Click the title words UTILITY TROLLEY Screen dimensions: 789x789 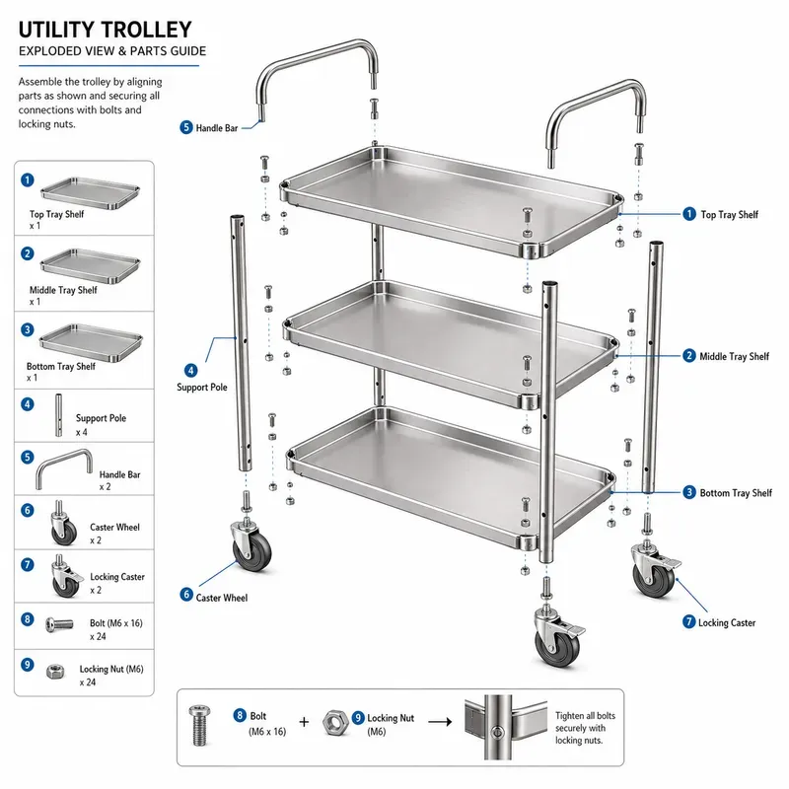point(106,30)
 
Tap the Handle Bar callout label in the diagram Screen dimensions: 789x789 point(216,128)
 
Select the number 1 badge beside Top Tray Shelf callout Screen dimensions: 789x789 point(688,214)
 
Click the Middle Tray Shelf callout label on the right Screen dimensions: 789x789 point(734,357)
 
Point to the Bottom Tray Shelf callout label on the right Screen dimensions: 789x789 point(736,493)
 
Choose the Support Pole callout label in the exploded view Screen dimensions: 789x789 point(202,388)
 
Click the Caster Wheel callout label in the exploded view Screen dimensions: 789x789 point(221,598)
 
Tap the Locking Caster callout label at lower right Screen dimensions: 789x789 point(727,623)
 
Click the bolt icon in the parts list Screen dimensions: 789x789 point(59,625)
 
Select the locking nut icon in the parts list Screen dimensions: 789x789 point(55,672)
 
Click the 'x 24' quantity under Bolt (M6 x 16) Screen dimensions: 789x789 point(98,636)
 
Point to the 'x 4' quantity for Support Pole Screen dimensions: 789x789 point(82,432)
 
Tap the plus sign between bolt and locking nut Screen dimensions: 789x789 point(304,722)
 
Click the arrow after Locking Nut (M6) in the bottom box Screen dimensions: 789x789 point(440,722)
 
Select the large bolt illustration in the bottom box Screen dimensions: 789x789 point(199,725)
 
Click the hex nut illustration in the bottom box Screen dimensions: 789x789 point(335,723)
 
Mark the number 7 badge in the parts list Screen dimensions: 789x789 point(28,564)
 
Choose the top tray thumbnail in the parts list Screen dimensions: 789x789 point(90,193)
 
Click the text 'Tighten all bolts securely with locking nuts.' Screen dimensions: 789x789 point(585,728)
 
